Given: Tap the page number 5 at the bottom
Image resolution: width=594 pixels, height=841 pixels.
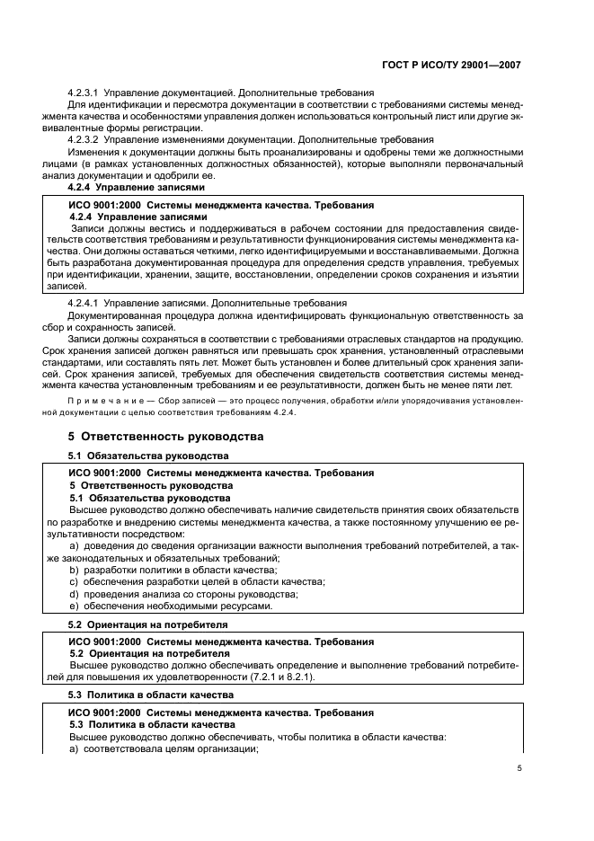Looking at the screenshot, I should [x=520, y=767].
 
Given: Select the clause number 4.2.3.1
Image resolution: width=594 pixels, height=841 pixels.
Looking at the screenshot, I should [x=85, y=93].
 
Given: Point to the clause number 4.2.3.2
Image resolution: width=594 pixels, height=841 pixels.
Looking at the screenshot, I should [x=85, y=139].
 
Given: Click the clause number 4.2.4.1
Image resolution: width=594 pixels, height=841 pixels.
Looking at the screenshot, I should [x=85, y=303].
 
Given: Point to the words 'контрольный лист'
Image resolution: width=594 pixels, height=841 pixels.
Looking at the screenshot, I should [x=423, y=116].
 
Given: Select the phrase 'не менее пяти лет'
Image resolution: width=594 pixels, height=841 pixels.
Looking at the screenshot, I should [x=476, y=384].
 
